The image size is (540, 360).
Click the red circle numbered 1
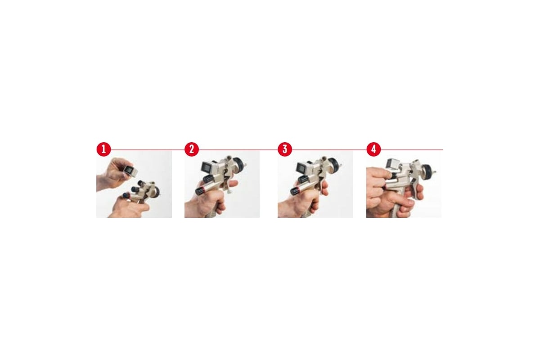coord(103,149)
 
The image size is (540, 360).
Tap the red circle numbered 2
coord(192,149)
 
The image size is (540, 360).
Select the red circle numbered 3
coord(285,149)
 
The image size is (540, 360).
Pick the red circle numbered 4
coord(373,149)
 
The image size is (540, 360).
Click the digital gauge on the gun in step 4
coord(393,163)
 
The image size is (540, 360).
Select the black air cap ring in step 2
coord(239,166)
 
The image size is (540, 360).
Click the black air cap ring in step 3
coord(334,166)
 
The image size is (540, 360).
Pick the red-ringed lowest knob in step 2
coord(201,190)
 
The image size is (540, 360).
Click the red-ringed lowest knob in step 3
coord(295,191)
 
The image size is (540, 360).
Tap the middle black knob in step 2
coord(208,179)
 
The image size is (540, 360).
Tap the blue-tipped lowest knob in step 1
coord(126,195)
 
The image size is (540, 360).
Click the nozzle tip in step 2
coord(245,166)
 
